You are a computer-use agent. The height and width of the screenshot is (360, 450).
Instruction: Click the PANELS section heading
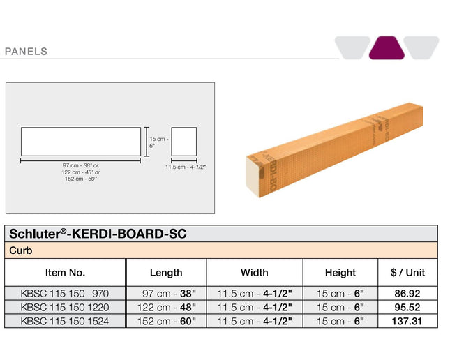[26, 51]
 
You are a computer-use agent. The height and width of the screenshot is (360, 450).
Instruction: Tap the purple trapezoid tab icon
[387, 47]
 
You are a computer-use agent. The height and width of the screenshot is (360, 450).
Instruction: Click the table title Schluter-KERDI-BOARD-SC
[98, 234]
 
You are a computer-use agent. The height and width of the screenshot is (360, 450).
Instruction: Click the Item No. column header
[65, 272]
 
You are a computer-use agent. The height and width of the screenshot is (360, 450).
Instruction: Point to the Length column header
[166, 272]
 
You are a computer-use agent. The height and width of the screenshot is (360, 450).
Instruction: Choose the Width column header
[254, 272]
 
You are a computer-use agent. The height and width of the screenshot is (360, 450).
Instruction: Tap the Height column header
[340, 272]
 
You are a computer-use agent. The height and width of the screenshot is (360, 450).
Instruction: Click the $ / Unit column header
[407, 272]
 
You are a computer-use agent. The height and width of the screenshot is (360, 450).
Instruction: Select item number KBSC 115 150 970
[65, 294]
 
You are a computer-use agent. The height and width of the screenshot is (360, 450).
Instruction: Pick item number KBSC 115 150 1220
[65, 307]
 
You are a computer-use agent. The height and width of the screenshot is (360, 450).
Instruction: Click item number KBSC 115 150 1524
[65, 321]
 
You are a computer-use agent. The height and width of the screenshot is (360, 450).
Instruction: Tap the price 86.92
[407, 294]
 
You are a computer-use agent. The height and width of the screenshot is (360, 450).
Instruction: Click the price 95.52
[407, 307]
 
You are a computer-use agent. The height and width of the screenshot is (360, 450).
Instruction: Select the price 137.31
[407, 321]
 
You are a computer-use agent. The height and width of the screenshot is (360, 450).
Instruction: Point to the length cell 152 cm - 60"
[166, 321]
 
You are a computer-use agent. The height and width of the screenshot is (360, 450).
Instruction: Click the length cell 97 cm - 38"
[166, 294]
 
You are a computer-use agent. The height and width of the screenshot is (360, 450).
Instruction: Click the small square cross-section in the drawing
[183, 142]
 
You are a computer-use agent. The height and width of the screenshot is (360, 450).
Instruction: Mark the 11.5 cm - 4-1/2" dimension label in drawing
[186, 167]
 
